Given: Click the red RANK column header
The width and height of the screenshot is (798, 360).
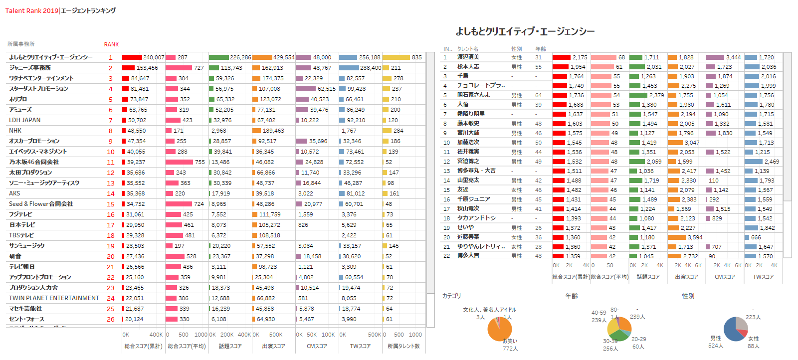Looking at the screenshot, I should click(x=111, y=44).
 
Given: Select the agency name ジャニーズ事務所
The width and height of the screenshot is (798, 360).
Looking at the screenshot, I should click(x=30, y=68).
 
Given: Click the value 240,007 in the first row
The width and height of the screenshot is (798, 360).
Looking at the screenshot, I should click(x=154, y=57).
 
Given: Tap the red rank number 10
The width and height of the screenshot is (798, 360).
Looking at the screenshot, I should click(x=111, y=152).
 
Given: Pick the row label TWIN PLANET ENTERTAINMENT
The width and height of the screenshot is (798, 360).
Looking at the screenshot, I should click(x=54, y=298).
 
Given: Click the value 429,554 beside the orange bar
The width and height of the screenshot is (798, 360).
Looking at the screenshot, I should click(x=284, y=57).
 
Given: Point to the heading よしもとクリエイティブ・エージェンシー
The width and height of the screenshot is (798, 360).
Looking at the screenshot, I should click(x=525, y=31).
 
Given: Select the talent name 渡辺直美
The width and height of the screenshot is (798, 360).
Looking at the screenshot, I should click(x=468, y=57).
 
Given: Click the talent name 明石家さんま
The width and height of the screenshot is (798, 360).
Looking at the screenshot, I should click(x=474, y=95).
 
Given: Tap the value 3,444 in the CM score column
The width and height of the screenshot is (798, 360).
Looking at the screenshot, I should click(x=733, y=57).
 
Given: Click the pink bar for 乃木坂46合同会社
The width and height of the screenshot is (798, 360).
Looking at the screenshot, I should click(x=179, y=162).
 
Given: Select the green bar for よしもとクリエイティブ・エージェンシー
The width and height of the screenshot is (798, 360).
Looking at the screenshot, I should click(x=219, y=57).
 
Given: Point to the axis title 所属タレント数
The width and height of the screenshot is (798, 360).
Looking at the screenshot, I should click(x=403, y=346).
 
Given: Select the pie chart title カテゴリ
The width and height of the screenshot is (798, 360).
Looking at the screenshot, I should click(x=452, y=296).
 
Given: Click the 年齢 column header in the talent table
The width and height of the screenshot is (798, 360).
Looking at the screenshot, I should click(x=541, y=49).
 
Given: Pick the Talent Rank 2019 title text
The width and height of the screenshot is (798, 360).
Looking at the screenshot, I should click(x=32, y=10).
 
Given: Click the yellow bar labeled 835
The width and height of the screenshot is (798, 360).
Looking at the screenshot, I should click(x=396, y=57).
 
